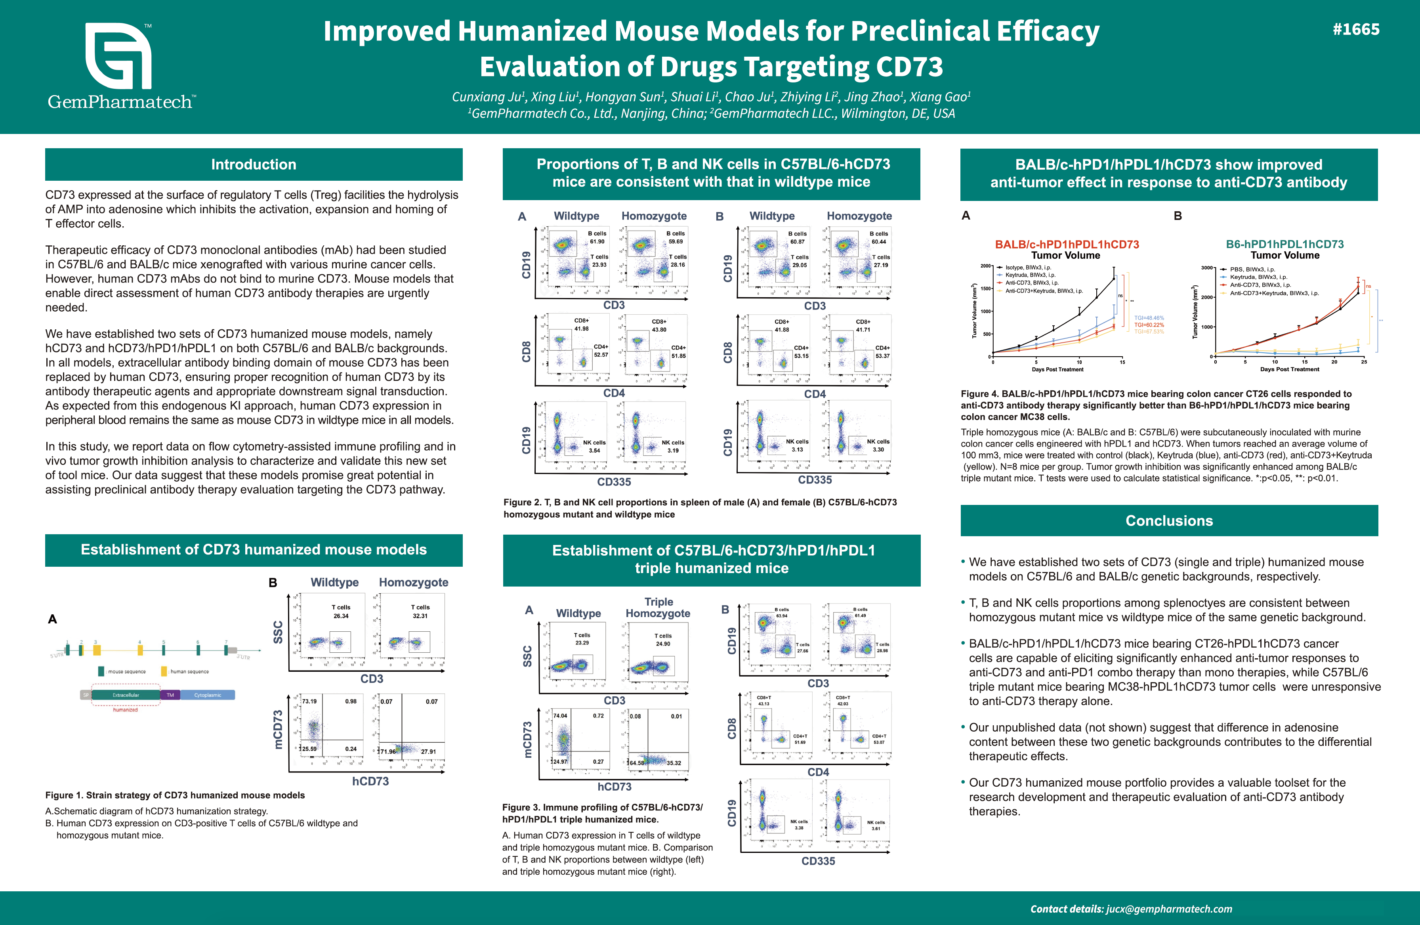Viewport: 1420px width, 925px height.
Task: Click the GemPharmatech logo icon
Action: [118, 57]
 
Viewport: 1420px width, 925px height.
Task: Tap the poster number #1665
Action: [1355, 29]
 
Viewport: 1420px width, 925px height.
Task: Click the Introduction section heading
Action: [254, 165]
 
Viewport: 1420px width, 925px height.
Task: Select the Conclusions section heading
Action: [1169, 520]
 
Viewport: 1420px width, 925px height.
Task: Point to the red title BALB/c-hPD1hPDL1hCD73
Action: [1067, 244]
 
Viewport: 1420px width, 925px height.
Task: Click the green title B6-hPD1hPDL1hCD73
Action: [1284, 244]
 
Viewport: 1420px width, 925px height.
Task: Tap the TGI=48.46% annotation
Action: [1149, 318]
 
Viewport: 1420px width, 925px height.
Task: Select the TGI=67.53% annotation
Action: [1149, 332]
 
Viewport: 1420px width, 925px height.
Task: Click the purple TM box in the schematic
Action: [170, 695]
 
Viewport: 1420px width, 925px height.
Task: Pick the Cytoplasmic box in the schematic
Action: [207, 695]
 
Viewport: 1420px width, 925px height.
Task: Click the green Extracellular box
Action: [126, 695]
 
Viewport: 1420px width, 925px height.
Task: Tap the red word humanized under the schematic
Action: [125, 709]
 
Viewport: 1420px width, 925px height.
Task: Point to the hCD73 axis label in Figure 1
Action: [370, 781]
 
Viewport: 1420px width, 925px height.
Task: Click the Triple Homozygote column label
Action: [658, 608]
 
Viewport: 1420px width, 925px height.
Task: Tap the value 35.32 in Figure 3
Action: [674, 763]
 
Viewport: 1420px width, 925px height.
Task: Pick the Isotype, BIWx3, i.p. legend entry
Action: [1028, 268]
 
